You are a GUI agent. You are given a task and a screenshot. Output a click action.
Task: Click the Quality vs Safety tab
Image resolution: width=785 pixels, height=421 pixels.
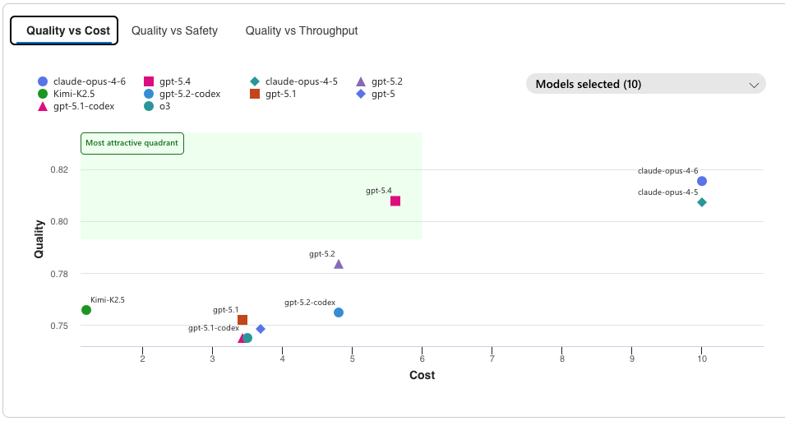(174, 30)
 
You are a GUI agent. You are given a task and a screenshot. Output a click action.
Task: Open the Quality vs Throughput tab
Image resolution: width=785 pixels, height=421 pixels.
(301, 30)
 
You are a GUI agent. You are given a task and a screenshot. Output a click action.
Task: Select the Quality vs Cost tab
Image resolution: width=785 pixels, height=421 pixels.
(67, 30)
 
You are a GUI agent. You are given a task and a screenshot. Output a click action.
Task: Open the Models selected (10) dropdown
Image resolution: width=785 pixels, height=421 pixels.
(645, 84)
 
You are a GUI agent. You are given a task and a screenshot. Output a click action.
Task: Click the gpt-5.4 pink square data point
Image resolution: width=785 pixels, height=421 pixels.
(395, 201)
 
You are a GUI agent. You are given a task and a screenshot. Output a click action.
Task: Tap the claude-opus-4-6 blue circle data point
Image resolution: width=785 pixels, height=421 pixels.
(702, 181)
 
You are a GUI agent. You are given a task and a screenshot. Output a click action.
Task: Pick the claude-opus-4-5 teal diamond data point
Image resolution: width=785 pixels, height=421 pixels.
(702, 202)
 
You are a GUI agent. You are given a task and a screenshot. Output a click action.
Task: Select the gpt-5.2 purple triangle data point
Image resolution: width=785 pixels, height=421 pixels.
(339, 264)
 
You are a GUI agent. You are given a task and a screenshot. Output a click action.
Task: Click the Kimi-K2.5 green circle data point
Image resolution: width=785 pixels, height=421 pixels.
(86, 310)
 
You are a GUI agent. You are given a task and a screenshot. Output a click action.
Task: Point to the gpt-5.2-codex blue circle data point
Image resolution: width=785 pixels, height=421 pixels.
(339, 312)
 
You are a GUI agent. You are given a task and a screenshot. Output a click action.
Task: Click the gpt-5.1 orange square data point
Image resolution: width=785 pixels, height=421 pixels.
(242, 320)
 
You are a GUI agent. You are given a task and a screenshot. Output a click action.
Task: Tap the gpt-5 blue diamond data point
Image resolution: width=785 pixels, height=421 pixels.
(261, 329)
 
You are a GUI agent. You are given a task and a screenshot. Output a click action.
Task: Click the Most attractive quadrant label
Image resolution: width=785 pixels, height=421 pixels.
(132, 143)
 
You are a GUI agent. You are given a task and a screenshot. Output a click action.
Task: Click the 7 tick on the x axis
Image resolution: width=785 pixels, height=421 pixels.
(492, 359)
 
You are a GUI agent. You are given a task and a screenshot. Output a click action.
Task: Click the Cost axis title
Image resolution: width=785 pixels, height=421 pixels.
(422, 375)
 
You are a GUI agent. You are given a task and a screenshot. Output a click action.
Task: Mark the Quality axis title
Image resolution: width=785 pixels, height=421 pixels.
(39, 238)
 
